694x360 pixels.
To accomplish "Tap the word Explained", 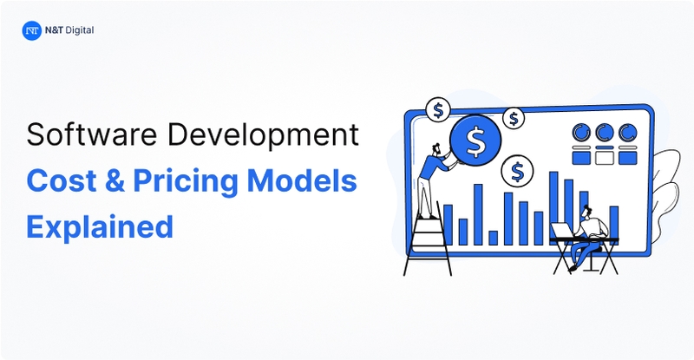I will pyautogui.click(x=99, y=227).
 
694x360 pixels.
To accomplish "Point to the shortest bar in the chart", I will pyautogui.click(x=494, y=237).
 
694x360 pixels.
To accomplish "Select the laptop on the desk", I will pyautogui.click(x=563, y=229).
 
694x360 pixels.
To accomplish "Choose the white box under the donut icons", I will pyautogui.click(x=603, y=158).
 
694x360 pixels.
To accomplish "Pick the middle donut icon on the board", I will pyautogui.click(x=603, y=133).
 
